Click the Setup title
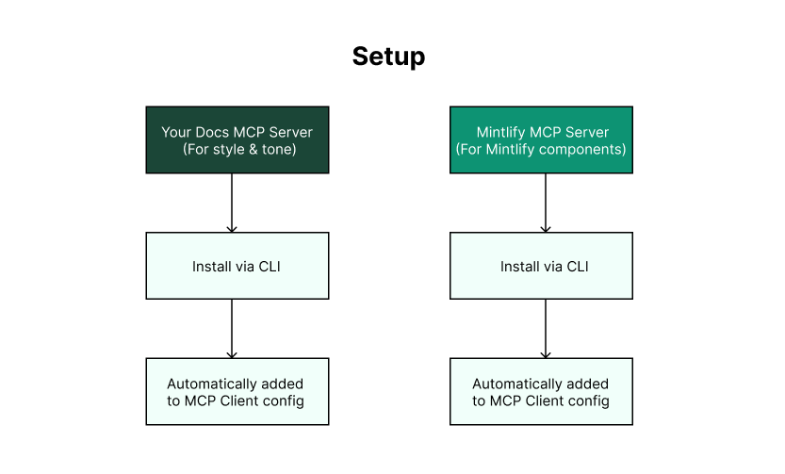(x=388, y=57)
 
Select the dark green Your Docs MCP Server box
(x=237, y=139)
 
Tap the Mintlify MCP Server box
(x=541, y=139)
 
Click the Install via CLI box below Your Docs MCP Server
(x=237, y=267)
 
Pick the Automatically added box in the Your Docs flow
(x=237, y=392)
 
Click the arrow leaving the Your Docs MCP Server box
(x=232, y=203)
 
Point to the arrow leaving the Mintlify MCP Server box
(x=546, y=203)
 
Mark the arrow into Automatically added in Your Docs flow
(x=232, y=329)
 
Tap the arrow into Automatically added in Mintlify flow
(x=546, y=329)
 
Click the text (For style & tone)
(x=237, y=149)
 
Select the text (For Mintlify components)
(x=541, y=149)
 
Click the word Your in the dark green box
(x=176, y=132)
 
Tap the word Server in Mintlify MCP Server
(x=587, y=132)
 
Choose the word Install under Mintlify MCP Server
(x=520, y=267)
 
